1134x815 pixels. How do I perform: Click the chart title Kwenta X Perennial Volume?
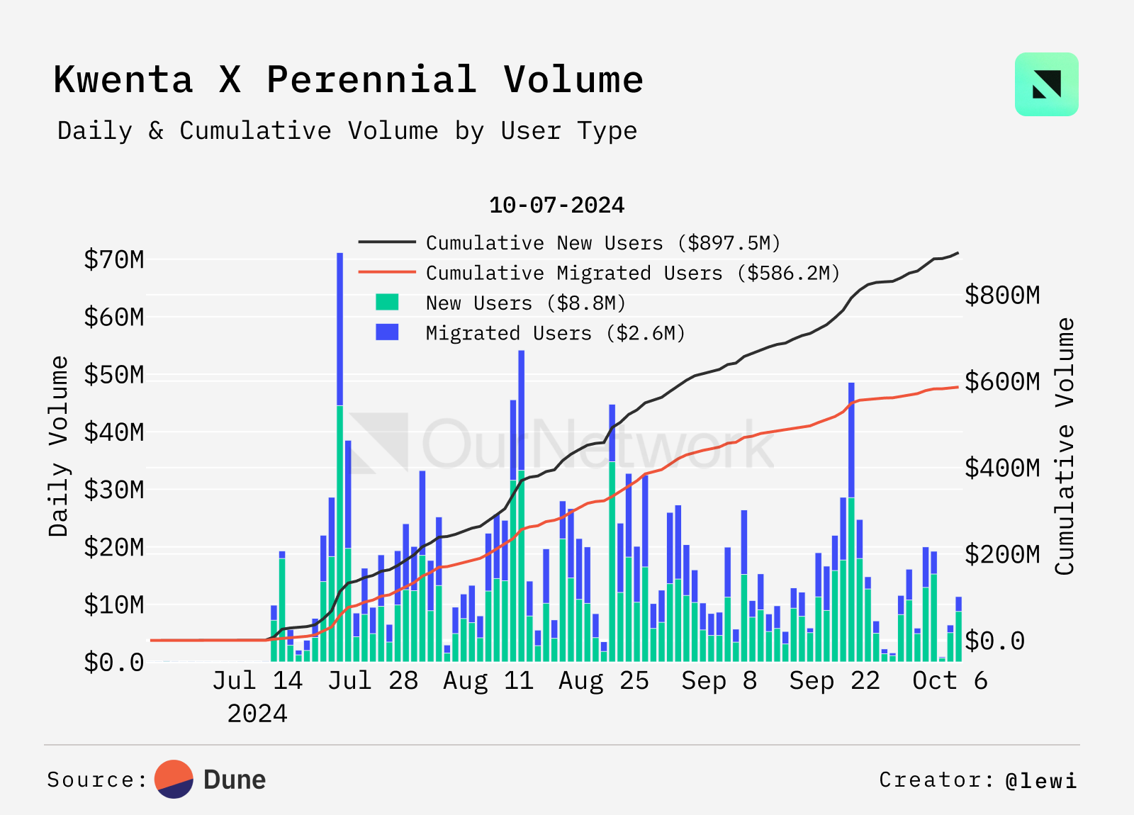(348, 79)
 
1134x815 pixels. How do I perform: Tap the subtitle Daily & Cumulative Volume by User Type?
(347, 131)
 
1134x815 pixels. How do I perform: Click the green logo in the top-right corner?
(1046, 84)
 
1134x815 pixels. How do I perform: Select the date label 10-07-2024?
(557, 206)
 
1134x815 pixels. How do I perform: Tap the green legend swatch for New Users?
(387, 303)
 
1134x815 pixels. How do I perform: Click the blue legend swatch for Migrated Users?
(387, 332)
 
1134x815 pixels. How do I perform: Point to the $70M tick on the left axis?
(113, 259)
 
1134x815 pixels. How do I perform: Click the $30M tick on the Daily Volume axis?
(113, 490)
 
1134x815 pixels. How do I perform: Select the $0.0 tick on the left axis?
(113, 663)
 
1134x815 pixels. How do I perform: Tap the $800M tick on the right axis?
(1002, 295)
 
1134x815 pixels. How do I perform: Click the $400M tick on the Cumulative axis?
(1002, 468)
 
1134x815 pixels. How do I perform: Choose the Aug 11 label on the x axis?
(488, 680)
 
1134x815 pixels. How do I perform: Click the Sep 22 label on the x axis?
(834, 680)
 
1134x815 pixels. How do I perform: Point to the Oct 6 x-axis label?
(950, 680)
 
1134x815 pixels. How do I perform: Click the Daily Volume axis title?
(59, 446)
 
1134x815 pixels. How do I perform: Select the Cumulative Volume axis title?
(1065, 446)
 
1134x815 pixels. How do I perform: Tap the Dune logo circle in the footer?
(174, 780)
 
